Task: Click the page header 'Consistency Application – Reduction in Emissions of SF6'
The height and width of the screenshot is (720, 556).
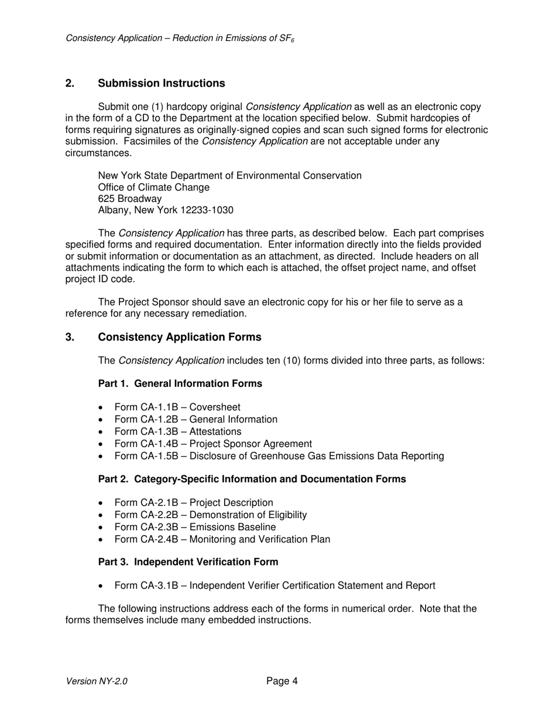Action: pyautogui.click(x=180, y=38)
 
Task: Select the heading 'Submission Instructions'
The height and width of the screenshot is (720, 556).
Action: pyautogui.click(x=162, y=83)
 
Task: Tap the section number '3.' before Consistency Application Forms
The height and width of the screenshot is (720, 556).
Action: pyautogui.click(x=70, y=337)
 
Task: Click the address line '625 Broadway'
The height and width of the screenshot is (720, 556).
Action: pyautogui.click(x=130, y=198)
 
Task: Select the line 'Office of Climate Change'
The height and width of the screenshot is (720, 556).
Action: pyautogui.click(x=153, y=187)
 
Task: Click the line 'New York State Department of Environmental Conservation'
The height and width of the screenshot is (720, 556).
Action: pyautogui.click(x=229, y=176)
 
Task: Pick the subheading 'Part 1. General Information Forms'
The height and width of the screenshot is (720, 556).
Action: pyautogui.click(x=180, y=383)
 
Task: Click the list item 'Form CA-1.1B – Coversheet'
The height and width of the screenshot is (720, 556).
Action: pyautogui.click(x=177, y=407)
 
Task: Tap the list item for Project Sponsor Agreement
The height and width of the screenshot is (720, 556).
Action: pyautogui.click(x=213, y=444)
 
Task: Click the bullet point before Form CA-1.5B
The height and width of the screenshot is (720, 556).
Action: pyautogui.click(x=102, y=457)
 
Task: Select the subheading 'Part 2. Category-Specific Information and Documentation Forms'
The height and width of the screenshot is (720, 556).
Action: pyautogui.click(x=252, y=479)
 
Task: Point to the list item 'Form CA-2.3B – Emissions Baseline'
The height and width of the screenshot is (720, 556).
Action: pyautogui.click(x=195, y=527)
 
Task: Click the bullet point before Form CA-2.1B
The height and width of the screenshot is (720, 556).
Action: pyautogui.click(x=102, y=503)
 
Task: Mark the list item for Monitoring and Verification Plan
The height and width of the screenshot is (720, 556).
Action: pyautogui.click(x=222, y=539)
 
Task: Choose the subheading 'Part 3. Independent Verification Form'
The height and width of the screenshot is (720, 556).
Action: pyautogui.click(x=188, y=561)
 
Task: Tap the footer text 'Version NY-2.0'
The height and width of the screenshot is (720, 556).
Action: pyautogui.click(x=97, y=681)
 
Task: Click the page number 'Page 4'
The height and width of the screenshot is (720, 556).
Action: pyautogui.click(x=282, y=681)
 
